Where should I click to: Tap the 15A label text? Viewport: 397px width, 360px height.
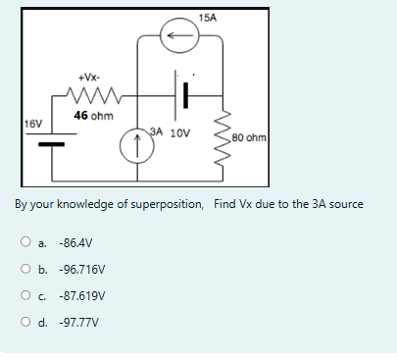tap(207, 18)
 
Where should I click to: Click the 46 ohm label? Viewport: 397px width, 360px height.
tap(94, 115)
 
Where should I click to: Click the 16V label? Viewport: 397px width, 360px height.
tap(32, 124)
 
